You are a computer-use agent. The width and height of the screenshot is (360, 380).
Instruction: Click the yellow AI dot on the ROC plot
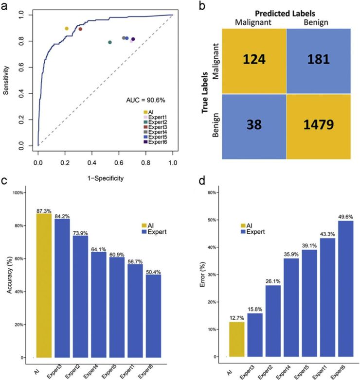pyautogui.click(x=67, y=29)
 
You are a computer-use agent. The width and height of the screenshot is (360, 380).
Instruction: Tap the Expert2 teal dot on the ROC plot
pyautogui.click(x=110, y=42)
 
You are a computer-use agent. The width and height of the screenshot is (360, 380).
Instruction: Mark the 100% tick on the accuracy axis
pyautogui.click(x=21, y=193)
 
